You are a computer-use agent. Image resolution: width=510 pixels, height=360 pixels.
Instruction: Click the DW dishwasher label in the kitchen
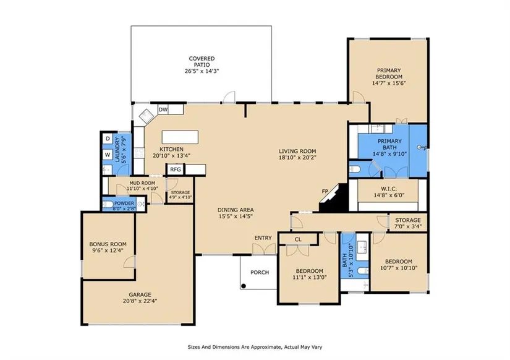pos(163,109)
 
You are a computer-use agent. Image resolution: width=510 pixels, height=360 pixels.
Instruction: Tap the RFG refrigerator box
pos(176,169)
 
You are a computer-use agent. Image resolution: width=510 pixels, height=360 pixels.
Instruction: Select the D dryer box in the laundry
pos(108,139)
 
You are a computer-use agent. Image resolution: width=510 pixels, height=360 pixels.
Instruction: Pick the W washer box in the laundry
pos(108,155)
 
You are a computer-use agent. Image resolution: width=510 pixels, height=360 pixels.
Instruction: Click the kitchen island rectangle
pos(180,137)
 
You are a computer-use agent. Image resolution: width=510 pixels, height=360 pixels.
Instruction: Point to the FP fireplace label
pos(325,191)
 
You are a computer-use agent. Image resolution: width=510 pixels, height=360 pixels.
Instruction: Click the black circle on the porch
pos(244,286)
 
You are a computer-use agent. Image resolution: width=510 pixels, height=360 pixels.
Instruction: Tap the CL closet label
pos(298,239)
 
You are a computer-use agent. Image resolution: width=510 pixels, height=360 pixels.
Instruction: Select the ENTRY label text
pos(263,238)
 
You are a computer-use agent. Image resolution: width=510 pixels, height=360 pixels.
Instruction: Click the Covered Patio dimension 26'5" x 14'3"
pos(202,71)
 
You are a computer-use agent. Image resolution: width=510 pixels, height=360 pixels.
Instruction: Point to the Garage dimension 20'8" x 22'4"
pos(140,301)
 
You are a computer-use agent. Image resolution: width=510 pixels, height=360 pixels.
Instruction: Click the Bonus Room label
pos(108,244)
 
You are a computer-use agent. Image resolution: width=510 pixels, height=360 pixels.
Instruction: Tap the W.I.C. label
pos(389,189)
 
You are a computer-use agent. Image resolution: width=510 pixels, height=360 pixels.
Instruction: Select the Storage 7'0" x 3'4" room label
pos(408,223)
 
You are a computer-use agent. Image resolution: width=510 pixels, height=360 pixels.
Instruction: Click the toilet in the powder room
pos(108,204)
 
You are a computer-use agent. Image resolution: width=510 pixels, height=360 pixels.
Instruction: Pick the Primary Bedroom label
pos(389,74)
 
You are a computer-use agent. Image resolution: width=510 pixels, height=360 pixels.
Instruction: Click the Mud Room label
pos(142,183)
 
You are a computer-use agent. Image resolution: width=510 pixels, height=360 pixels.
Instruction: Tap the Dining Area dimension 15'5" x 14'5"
pos(236,216)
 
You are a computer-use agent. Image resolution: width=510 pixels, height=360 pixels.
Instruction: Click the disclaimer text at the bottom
pos(255,347)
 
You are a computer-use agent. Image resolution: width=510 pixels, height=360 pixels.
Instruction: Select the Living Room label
pos(297,151)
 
